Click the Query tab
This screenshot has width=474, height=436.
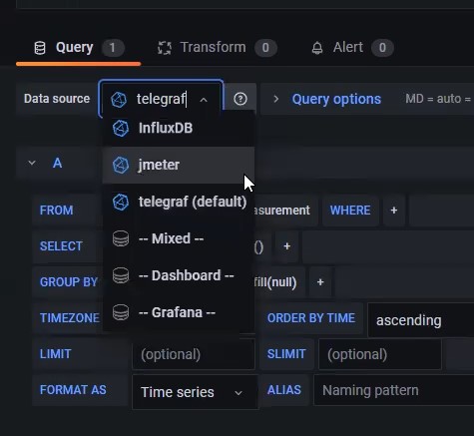(79, 48)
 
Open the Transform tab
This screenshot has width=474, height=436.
(218, 48)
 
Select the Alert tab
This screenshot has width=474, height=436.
(352, 48)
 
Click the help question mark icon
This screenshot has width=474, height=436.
(240, 99)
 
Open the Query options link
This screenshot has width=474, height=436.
(336, 99)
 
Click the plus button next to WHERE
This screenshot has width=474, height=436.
(394, 211)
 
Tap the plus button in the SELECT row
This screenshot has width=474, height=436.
(286, 246)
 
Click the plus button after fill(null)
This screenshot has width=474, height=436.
(320, 282)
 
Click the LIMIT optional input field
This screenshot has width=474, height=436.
(194, 354)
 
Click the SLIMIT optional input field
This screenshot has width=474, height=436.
(380, 354)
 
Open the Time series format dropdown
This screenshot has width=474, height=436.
(195, 392)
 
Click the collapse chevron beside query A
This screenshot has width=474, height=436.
(32, 163)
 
